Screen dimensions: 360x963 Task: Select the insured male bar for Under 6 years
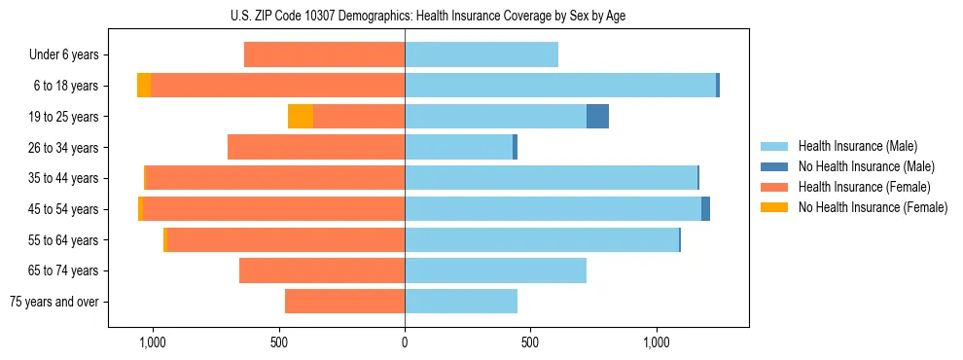click(x=481, y=54)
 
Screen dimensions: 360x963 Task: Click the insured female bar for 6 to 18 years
click(x=277, y=86)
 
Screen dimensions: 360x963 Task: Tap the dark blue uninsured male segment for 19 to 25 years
click(x=597, y=117)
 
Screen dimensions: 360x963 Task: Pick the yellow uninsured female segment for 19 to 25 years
click(x=301, y=117)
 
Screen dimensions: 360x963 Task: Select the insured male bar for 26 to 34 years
click(x=458, y=147)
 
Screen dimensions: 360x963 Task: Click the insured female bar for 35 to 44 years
click(x=274, y=178)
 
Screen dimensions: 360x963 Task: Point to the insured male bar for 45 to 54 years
click(x=553, y=209)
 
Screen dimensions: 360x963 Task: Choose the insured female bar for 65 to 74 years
click(x=322, y=270)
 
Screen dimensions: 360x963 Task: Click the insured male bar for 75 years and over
click(x=461, y=302)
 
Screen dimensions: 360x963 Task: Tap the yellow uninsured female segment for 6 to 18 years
click(x=144, y=86)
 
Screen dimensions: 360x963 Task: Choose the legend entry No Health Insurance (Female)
click(x=873, y=207)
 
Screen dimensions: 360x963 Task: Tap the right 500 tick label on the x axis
click(x=530, y=342)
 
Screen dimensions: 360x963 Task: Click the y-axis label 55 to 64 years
click(x=63, y=240)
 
